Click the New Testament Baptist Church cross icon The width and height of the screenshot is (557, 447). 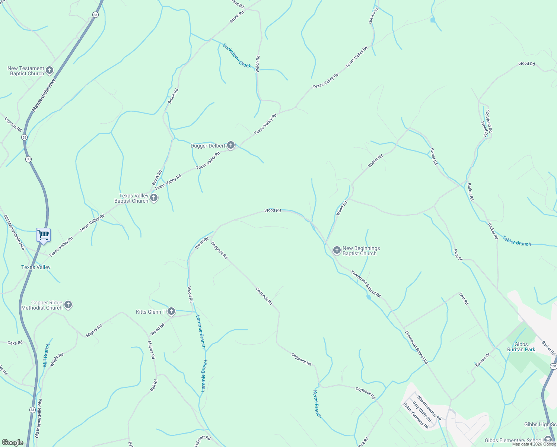click(x=50, y=70)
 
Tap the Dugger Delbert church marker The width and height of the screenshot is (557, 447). click(x=231, y=145)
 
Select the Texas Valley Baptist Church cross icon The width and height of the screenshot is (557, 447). click(x=154, y=198)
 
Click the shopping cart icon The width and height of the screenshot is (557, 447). click(x=44, y=235)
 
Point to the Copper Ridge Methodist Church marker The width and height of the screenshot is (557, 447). click(x=68, y=305)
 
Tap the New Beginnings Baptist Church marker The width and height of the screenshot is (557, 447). click(x=337, y=250)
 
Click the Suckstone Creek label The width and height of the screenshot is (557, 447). click(x=237, y=56)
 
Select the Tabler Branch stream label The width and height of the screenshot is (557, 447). click(x=516, y=241)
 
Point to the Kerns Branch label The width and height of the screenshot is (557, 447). click(x=317, y=404)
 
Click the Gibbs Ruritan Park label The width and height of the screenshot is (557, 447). click(x=521, y=347)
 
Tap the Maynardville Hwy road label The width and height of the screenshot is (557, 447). click(x=44, y=95)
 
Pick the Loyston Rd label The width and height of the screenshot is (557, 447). click(x=13, y=124)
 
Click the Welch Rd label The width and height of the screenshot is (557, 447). click(x=258, y=64)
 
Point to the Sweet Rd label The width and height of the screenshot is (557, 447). click(x=434, y=156)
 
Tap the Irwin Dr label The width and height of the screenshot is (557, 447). click(x=458, y=255)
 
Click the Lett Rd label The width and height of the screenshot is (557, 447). click(x=464, y=299)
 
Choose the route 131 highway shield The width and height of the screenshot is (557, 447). click(x=553, y=367)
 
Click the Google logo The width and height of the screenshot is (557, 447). click(x=12, y=443)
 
